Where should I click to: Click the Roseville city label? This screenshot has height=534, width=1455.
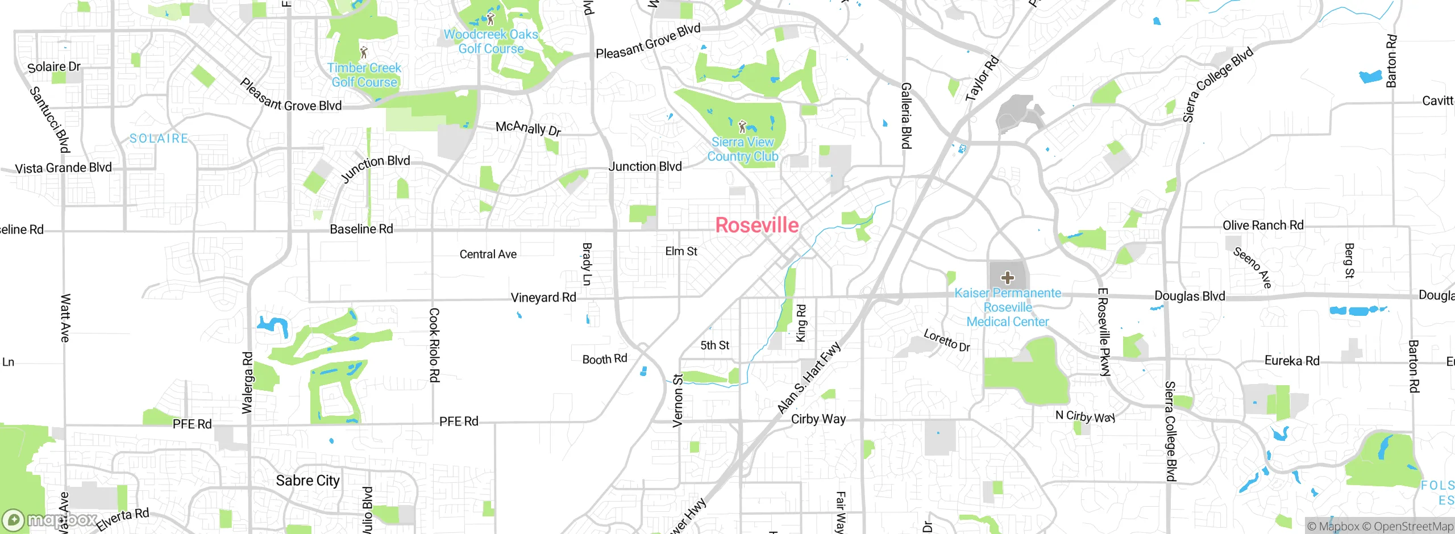pos(756,225)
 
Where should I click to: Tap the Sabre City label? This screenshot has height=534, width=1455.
pos(307,481)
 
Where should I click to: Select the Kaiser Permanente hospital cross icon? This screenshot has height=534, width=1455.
pos(1008,278)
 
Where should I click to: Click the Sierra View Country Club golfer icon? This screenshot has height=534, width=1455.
pos(742,126)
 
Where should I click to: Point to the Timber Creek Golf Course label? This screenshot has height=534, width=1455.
pos(364,75)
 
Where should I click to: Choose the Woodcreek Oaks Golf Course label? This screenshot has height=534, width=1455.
pos(491,41)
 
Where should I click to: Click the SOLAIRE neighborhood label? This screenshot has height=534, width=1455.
pos(159,139)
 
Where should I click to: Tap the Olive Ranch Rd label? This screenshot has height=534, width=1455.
pos(1263,226)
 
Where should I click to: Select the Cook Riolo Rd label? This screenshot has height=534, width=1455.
pos(434,345)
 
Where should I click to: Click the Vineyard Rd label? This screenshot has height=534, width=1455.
pos(543,297)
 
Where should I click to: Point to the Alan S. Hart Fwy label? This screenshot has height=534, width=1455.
pos(808,378)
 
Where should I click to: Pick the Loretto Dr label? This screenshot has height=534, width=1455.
pos(946,340)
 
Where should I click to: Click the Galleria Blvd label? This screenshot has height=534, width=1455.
pos(906,115)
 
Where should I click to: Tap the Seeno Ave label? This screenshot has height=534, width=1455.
pos(1252,267)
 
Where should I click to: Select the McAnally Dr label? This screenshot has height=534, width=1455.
pos(528,128)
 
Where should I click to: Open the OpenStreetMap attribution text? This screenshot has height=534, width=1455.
pos(1413,527)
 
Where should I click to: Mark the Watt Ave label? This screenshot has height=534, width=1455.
pos(65,318)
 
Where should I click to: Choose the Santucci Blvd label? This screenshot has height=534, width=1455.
pos(50,120)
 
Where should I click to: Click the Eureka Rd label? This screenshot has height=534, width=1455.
pos(1291,361)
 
